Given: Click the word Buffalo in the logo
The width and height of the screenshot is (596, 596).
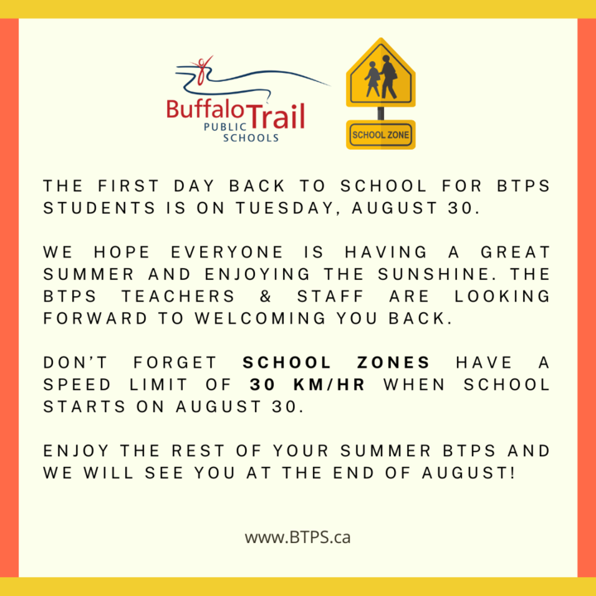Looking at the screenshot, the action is click(x=205, y=109).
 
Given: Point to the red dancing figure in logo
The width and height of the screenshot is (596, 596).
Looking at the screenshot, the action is click(x=203, y=70).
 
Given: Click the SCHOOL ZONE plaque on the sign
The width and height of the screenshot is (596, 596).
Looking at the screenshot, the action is click(x=381, y=135).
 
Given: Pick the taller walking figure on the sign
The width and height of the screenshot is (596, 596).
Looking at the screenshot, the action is click(x=388, y=77).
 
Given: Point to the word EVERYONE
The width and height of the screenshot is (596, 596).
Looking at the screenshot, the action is click(x=227, y=252).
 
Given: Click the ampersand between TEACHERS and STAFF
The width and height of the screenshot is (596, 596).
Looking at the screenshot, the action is click(x=266, y=296).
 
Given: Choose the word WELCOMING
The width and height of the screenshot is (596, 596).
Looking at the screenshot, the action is click(x=261, y=318).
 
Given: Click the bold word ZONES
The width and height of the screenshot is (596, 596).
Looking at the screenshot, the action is click(x=393, y=363).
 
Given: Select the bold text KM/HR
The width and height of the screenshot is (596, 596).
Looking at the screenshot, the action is click(x=329, y=384).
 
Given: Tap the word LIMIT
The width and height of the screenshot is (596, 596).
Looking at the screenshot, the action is click(x=158, y=384).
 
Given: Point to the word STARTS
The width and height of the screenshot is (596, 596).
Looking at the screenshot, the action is click(x=84, y=406).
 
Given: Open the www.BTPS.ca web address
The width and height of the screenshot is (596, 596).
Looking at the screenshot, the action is click(x=298, y=537).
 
